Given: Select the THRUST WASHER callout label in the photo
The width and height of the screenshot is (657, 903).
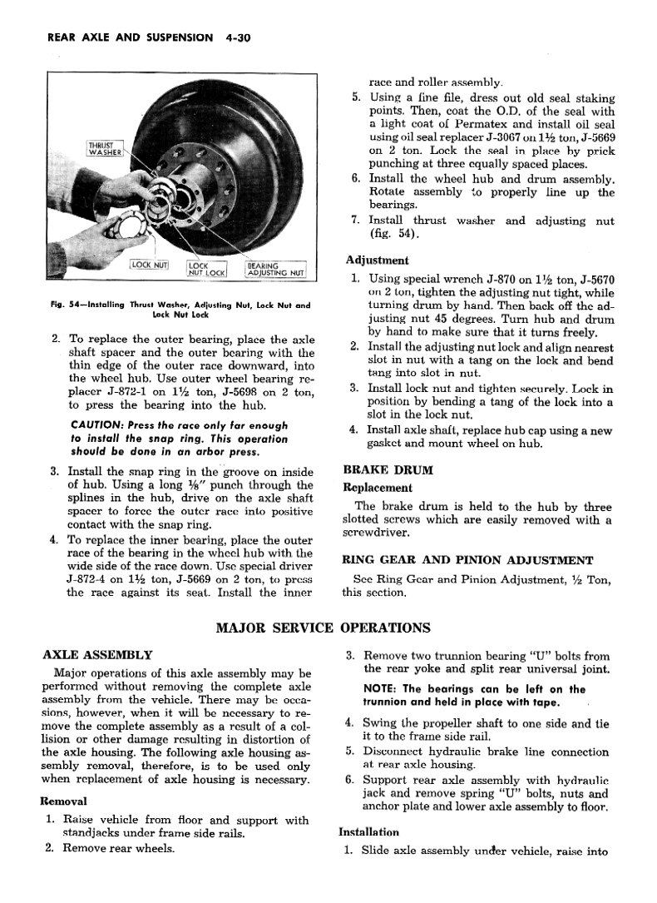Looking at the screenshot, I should point(106,150).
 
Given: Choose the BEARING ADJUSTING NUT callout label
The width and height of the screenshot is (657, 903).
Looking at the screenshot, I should point(275,268).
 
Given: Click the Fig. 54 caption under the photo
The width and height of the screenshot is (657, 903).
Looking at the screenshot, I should point(180,310).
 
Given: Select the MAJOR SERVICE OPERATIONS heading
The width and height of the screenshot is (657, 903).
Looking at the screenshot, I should point(324,628).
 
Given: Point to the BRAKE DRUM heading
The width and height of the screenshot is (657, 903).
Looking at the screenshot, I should point(388,469).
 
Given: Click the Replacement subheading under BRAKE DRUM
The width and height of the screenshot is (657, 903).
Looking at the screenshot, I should point(377,488).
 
